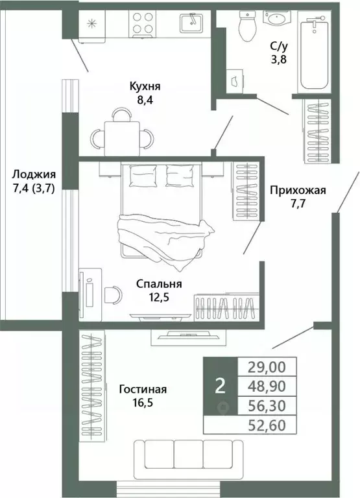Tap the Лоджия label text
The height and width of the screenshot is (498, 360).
click(33, 174)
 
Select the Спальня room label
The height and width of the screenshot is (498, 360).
click(158, 283)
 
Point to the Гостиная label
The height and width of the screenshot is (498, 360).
click(143, 389)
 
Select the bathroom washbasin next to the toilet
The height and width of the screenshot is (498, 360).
click(281, 18)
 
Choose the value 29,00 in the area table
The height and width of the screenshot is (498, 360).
click(268, 366)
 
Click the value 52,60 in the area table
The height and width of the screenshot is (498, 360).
click(268, 425)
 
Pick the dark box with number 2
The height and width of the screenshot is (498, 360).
click(221, 386)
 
